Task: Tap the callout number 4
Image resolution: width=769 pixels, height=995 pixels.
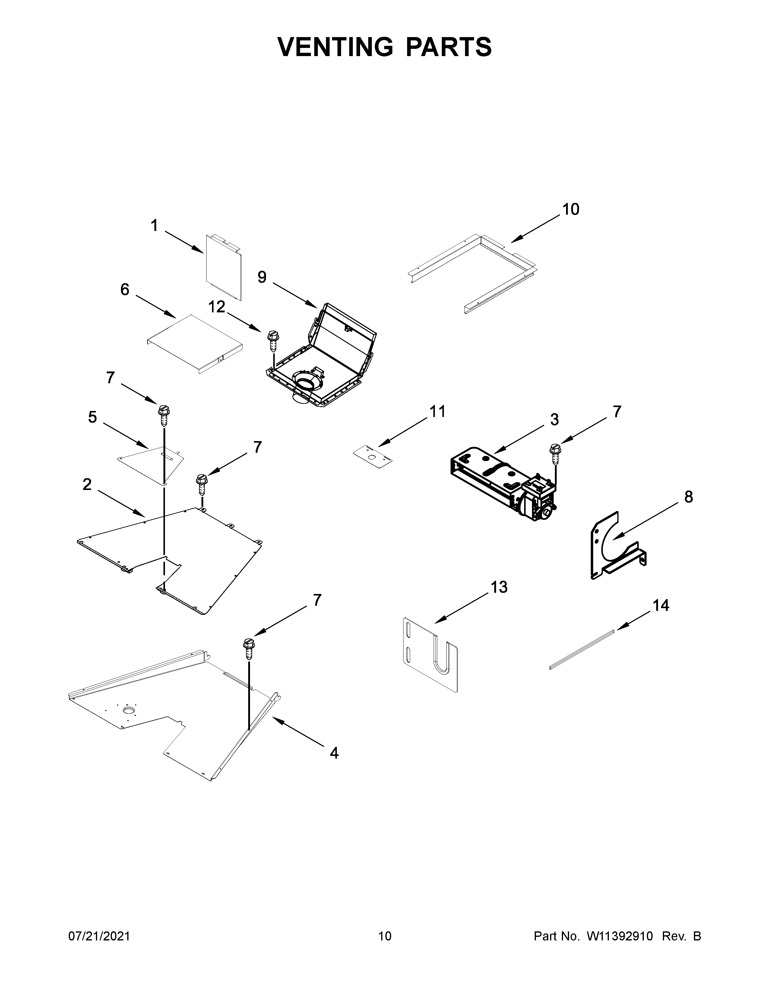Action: pyautogui.click(x=334, y=753)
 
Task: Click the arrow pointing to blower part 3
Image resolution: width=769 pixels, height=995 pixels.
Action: pyautogui.click(x=519, y=439)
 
